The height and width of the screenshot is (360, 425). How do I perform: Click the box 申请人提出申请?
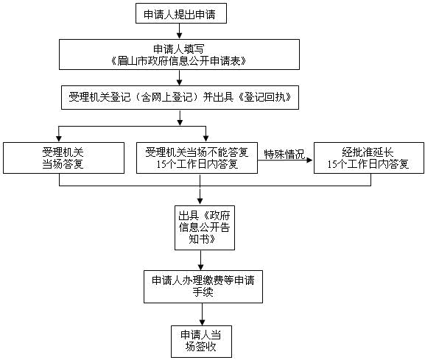(x=181, y=13)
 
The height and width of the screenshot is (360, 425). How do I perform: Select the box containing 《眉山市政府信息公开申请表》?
(x=179, y=54)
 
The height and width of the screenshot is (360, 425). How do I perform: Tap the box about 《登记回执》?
(x=180, y=97)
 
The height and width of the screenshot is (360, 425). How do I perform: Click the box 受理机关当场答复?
(x=63, y=158)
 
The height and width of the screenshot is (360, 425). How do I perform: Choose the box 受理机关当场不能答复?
(x=197, y=158)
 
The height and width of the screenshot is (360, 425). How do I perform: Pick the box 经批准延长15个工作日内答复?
(x=369, y=158)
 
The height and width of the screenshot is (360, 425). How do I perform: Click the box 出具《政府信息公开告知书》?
(x=205, y=227)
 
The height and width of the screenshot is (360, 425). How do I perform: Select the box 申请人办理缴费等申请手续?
(x=203, y=286)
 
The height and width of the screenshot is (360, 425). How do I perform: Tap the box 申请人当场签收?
(x=201, y=342)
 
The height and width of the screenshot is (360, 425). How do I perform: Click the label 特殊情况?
(x=284, y=154)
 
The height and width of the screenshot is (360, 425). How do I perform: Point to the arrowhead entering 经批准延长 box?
(x=309, y=160)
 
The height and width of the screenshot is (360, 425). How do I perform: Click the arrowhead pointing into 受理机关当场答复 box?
(x=59, y=138)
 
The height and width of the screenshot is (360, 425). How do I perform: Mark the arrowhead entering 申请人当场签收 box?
(x=202, y=322)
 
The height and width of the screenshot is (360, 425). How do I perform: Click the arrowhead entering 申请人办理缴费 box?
(x=200, y=267)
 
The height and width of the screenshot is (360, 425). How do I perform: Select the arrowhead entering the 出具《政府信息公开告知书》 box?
(x=200, y=201)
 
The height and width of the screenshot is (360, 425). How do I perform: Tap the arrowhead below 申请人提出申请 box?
(x=179, y=35)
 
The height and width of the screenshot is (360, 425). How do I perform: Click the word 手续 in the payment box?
(x=203, y=292)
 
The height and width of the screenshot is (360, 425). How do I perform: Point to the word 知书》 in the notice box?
(x=203, y=239)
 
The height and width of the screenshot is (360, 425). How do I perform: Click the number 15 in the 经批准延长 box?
(x=332, y=164)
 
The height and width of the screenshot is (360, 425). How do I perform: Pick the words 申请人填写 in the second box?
(x=179, y=49)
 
